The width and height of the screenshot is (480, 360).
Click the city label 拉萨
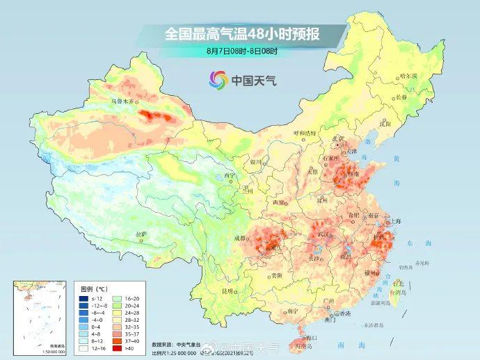point(142,234)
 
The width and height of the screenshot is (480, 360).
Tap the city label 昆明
point(227,291)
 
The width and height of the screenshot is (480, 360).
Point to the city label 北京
point(339,138)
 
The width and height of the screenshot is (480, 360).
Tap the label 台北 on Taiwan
point(398,283)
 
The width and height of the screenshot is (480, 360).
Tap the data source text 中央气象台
point(190,343)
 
